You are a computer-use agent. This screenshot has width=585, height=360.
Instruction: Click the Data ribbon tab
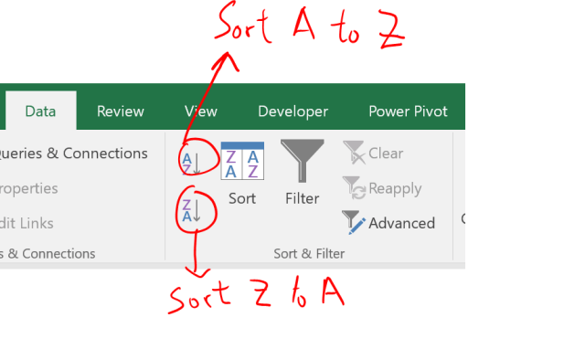[40, 111]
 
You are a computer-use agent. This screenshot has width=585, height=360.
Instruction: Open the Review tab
[121, 111]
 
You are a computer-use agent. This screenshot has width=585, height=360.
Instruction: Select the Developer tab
[292, 111]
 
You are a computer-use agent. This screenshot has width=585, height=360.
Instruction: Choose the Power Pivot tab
[408, 111]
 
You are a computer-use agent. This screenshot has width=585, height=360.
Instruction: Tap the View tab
[201, 111]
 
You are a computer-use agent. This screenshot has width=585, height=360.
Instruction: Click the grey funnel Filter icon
[302, 161]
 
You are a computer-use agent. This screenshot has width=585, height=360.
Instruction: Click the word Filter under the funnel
[302, 198]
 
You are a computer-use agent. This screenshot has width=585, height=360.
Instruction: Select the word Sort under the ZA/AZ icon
[242, 198]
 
